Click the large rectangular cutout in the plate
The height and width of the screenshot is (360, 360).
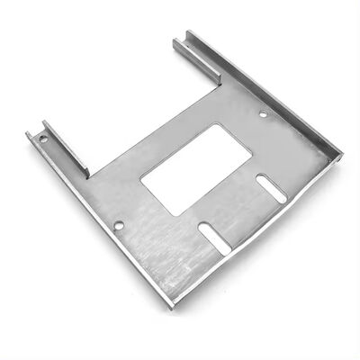point(196,168)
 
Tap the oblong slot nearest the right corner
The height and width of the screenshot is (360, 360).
point(271,188)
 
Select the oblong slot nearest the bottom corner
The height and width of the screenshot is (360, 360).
point(213,237)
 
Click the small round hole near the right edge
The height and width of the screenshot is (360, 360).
point(263,114)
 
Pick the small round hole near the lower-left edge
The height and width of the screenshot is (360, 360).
point(119,225)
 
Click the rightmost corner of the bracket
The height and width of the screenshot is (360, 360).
point(341,155)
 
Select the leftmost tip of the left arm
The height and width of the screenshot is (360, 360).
point(27,135)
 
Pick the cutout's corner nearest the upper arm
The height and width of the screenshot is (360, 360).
point(218,125)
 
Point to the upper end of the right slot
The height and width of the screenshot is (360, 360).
point(260,178)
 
